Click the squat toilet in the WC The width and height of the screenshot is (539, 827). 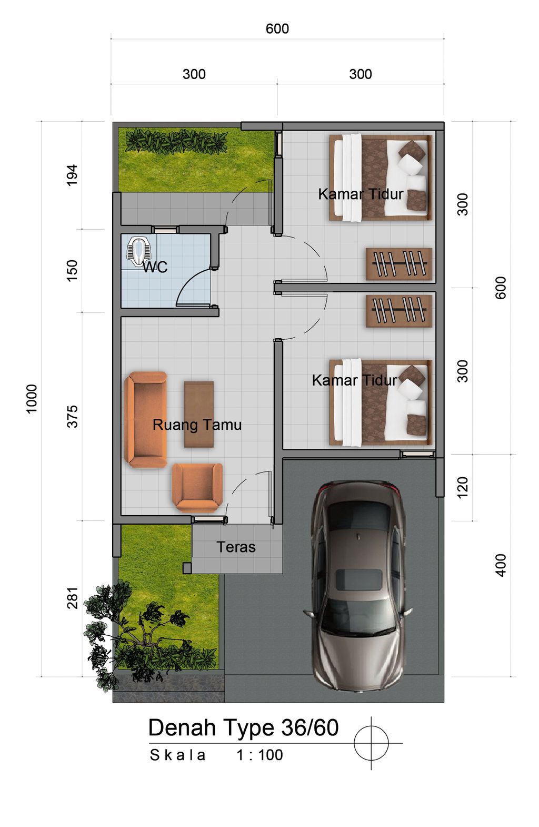tap(139, 251)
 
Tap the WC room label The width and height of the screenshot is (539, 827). tap(155, 267)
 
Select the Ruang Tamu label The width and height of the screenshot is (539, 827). tap(197, 425)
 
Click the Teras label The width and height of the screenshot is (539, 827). tap(236, 547)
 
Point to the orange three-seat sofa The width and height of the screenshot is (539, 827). tap(145, 420)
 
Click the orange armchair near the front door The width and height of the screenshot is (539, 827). tap(197, 487)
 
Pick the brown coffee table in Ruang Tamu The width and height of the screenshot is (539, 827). tap(199, 414)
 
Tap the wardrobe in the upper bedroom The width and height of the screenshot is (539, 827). tap(399, 264)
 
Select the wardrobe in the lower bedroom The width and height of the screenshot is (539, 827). tap(399, 311)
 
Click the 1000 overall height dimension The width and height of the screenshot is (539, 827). tap(32, 399)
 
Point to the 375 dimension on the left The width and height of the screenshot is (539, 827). tap(72, 417)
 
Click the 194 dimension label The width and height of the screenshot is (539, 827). tap(72, 175)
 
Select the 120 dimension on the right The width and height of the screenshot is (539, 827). tap(462, 487)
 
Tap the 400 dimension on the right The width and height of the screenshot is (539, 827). tap(501, 565)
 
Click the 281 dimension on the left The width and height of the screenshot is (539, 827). tap(72, 598)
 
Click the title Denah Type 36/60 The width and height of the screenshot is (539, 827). tap(244, 727)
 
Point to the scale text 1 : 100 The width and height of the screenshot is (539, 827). tap(259, 755)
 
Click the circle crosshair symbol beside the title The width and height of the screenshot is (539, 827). tap(371, 743)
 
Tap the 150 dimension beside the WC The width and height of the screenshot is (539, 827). tap(72, 271)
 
